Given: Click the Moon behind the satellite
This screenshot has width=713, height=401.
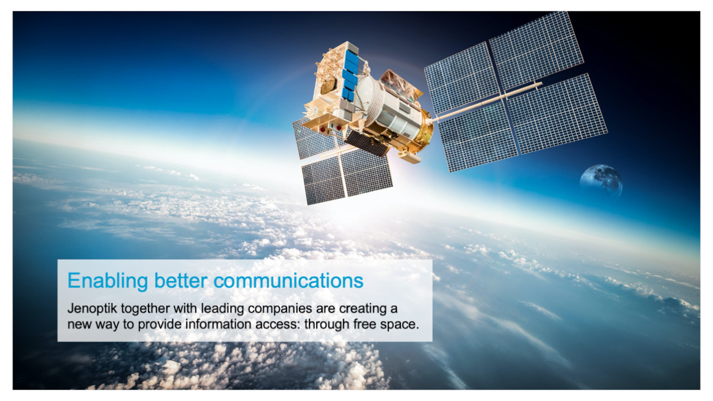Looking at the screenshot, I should pyautogui.click(x=601, y=181).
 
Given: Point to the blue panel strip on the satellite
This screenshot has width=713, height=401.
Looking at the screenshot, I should pyautogui.click(x=351, y=74).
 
